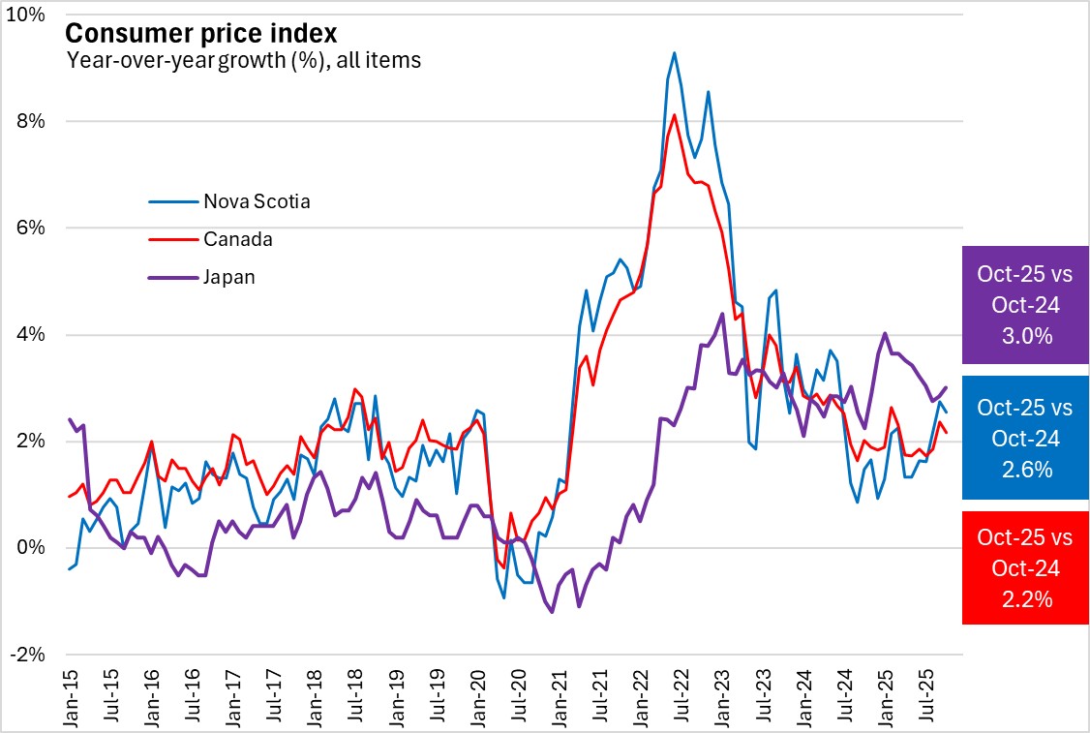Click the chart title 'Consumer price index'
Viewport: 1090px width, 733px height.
point(200,33)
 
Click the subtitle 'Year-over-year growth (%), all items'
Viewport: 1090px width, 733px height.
point(243,60)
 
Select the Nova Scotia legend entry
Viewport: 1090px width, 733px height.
point(257,202)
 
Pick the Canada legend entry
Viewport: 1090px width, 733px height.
point(237,239)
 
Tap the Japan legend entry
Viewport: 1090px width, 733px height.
point(228,277)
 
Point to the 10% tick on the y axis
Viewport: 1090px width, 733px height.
point(26,16)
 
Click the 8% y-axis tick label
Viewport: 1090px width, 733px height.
point(30,122)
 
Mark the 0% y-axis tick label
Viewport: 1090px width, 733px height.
point(30,548)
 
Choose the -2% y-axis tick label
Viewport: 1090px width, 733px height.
point(26,655)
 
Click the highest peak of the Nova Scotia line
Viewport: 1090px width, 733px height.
point(675,53)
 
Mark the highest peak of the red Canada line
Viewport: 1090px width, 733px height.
point(675,115)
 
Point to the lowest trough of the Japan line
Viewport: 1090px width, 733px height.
point(552,612)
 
